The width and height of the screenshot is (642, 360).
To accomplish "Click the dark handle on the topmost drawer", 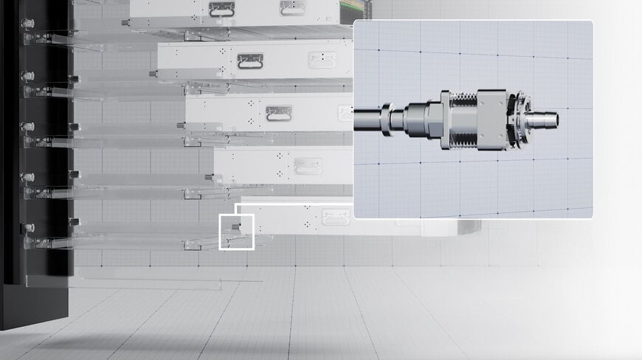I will [x=221, y=9].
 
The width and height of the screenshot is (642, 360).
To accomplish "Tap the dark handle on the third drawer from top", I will [x=278, y=113].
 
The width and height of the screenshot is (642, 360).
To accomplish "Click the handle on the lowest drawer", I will [x=335, y=216].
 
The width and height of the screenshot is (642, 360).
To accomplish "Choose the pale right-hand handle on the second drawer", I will [x=322, y=60].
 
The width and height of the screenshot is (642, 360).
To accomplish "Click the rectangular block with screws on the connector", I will [x=491, y=118].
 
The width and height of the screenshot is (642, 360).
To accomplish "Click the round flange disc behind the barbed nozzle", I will [x=520, y=119].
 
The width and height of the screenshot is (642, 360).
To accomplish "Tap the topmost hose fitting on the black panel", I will [x=29, y=24].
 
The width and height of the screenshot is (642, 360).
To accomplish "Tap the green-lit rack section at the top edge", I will [x=362, y=9].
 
